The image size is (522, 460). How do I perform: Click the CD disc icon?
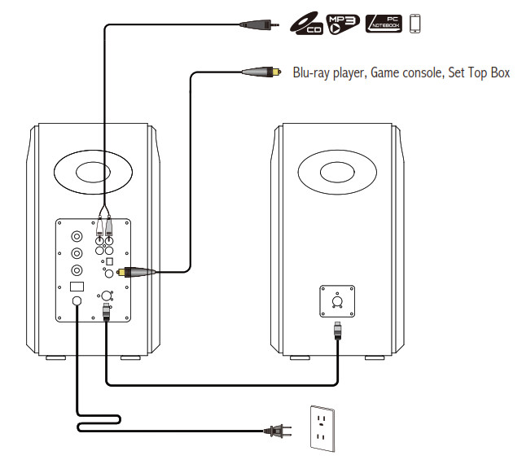point(305,24)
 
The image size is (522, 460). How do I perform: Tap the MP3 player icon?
point(341,24)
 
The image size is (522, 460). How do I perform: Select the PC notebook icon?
point(383,24)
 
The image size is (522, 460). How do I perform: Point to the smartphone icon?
point(415,24)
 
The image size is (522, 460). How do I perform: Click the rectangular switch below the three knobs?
point(77,287)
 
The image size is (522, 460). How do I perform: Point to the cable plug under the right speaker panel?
point(337,332)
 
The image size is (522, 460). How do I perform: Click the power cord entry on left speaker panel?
point(77,301)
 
